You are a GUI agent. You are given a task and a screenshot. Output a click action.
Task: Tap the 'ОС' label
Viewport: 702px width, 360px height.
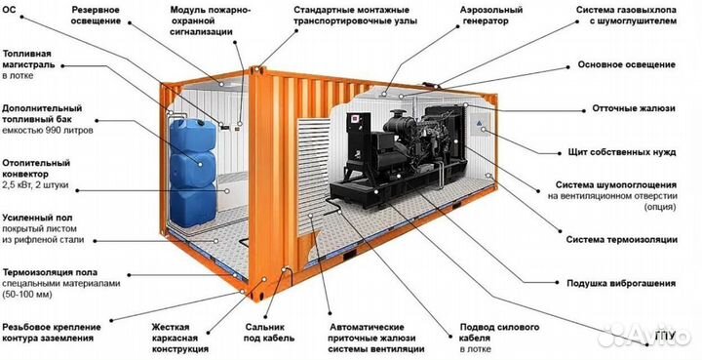(11, 9)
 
